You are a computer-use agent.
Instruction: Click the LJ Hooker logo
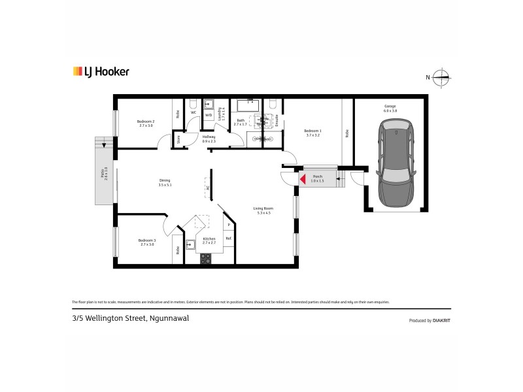tap(100, 72)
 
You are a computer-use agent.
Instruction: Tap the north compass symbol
tap(443, 77)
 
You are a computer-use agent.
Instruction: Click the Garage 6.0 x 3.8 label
tap(390, 108)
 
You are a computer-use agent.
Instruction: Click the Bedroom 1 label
tap(312, 133)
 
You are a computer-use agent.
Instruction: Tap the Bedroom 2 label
tap(145, 123)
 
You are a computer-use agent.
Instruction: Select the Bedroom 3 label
tap(146, 242)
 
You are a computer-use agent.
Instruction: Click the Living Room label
tap(262, 210)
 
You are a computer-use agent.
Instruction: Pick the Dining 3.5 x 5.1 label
tap(165, 183)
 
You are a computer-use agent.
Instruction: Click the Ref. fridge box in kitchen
tap(228, 238)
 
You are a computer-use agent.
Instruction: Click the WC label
tap(194, 112)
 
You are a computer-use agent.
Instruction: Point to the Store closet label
tap(177, 139)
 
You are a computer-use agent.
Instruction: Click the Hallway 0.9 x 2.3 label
tap(209, 139)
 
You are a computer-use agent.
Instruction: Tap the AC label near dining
tap(208, 188)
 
